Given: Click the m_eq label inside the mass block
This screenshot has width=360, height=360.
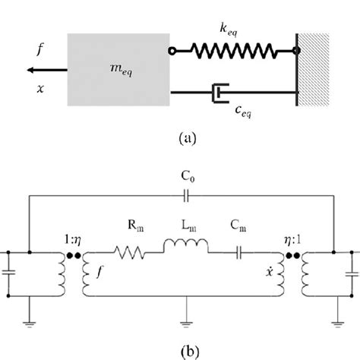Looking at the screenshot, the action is [x=122, y=70].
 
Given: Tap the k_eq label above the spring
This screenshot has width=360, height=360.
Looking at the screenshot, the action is [x=229, y=30].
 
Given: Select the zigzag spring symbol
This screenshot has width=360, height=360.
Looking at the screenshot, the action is [x=234, y=51].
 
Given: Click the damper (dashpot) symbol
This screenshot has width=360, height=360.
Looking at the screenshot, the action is [x=220, y=93].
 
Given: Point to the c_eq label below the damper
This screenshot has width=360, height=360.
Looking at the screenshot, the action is [x=243, y=112].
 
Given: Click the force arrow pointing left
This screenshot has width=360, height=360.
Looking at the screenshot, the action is [x=47, y=70].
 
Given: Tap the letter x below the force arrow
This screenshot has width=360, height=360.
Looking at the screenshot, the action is [x=40, y=89].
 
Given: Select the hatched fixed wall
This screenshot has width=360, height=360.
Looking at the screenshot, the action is [x=313, y=69].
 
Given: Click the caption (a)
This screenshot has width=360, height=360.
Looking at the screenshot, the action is [x=188, y=138].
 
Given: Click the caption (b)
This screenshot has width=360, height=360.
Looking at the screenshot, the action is [x=190, y=352].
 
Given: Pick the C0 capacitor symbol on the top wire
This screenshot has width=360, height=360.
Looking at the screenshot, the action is [x=186, y=196].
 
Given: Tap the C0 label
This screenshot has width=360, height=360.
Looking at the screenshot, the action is [x=188, y=176].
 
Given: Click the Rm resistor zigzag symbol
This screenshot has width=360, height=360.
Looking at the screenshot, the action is [x=129, y=252].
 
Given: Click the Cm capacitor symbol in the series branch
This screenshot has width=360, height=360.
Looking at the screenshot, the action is [x=238, y=253].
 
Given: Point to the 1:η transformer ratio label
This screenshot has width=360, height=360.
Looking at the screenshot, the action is [x=73, y=240].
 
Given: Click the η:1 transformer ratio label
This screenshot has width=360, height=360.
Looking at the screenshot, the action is [x=292, y=240].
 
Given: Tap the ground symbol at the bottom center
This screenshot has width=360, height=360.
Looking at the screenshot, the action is [x=186, y=324].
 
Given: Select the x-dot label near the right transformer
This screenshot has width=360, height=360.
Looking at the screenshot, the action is [x=270, y=271].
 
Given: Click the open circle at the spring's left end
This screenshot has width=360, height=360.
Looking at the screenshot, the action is [x=172, y=51].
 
